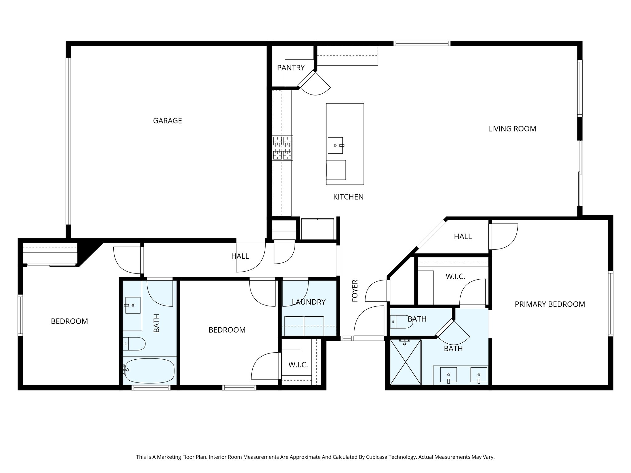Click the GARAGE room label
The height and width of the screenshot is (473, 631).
(x=167, y=121)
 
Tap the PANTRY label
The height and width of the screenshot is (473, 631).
(x=291, y=68)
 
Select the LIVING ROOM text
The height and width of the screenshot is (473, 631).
(x=512, y=129)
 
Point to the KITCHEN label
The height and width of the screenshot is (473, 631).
(x=348, y=197)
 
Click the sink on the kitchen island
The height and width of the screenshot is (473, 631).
(x=335, y=145)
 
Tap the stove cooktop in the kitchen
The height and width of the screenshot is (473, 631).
(x=283, y=148)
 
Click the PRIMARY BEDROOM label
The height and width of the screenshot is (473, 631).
(x=550, y=304)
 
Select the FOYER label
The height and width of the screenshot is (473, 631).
(x=355, y=290)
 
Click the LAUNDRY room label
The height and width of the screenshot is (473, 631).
(x=308, y=302)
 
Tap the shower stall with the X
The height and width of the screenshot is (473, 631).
(x=405, y=362)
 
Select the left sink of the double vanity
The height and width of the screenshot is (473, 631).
(x=448, y=375)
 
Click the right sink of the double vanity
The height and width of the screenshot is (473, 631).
(x=479, y=375)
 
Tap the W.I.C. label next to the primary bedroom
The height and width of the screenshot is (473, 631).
(x=455, y=277)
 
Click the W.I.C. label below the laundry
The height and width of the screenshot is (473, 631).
(x=298, y=365)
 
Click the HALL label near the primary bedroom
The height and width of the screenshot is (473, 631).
(x=462, y=236)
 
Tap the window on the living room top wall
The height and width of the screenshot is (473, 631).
(x=422, y=44)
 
